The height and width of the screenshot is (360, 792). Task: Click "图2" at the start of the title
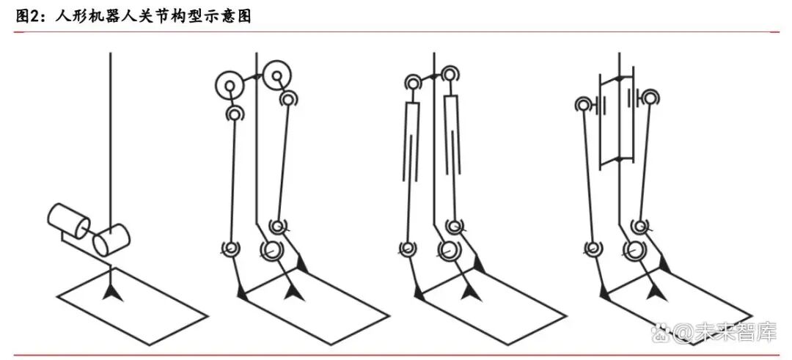tap(25, 16)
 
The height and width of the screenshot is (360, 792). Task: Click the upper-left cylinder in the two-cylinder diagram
tap(69, 221)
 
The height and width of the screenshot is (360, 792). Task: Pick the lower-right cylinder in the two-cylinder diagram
tap(111, 239)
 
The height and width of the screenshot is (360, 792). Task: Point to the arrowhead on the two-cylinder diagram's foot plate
tap(112, 292)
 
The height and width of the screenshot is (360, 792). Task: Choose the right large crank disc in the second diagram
tap(277, 76)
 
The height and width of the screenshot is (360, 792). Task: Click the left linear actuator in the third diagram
tap(412, 142)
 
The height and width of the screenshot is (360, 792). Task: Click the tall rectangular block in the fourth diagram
tap(616, 120)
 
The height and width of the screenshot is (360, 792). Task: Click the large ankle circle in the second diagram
tap(271, 250)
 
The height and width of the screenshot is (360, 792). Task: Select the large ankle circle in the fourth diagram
tap(633, 249)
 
